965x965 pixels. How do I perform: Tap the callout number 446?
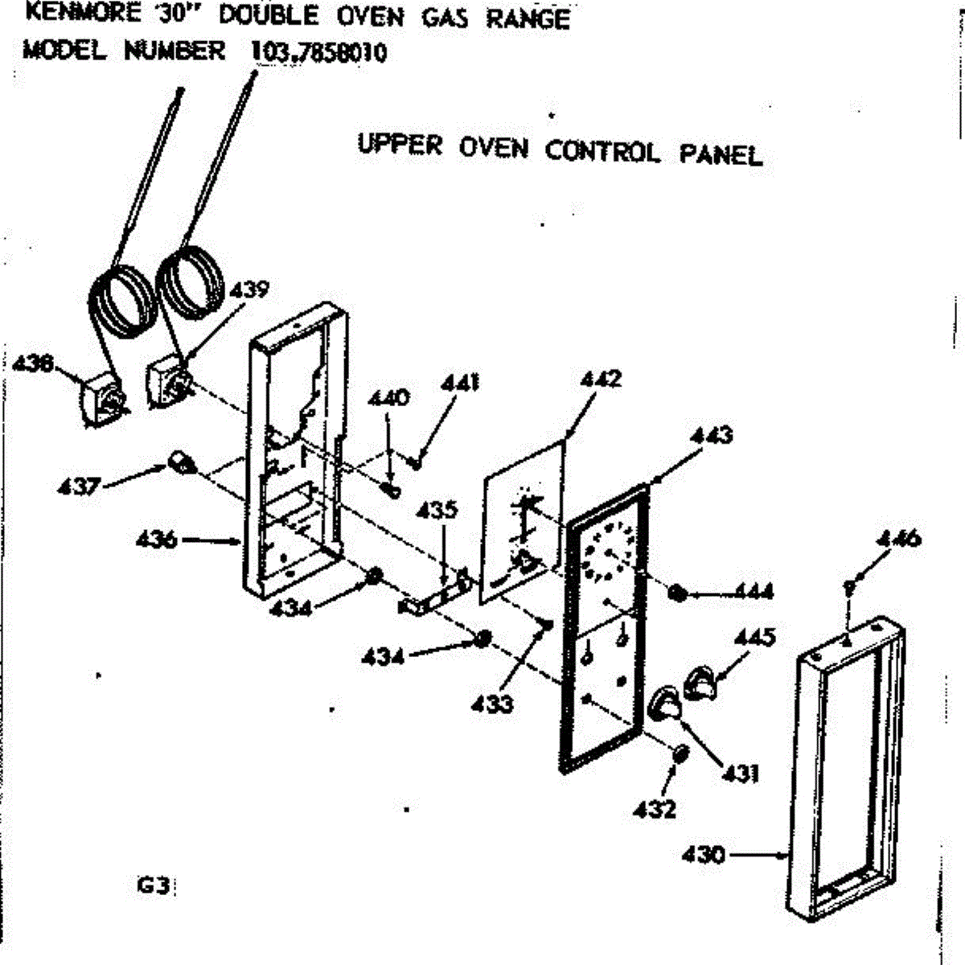[899, 540]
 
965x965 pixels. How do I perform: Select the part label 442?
[601, 379]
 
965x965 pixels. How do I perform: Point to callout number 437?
[79, 486]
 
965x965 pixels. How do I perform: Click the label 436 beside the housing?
[157, 540]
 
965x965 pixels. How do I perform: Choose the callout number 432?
[655, 808]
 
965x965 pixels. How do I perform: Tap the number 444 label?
[753, 592]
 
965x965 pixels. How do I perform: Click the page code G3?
[152, 887]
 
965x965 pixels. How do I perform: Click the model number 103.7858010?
[319, 52]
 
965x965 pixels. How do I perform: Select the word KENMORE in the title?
[83, 14]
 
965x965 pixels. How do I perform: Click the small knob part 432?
[680, 754]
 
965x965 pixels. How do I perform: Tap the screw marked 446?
[848, 586]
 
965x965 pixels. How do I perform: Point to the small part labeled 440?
[392, 490]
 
